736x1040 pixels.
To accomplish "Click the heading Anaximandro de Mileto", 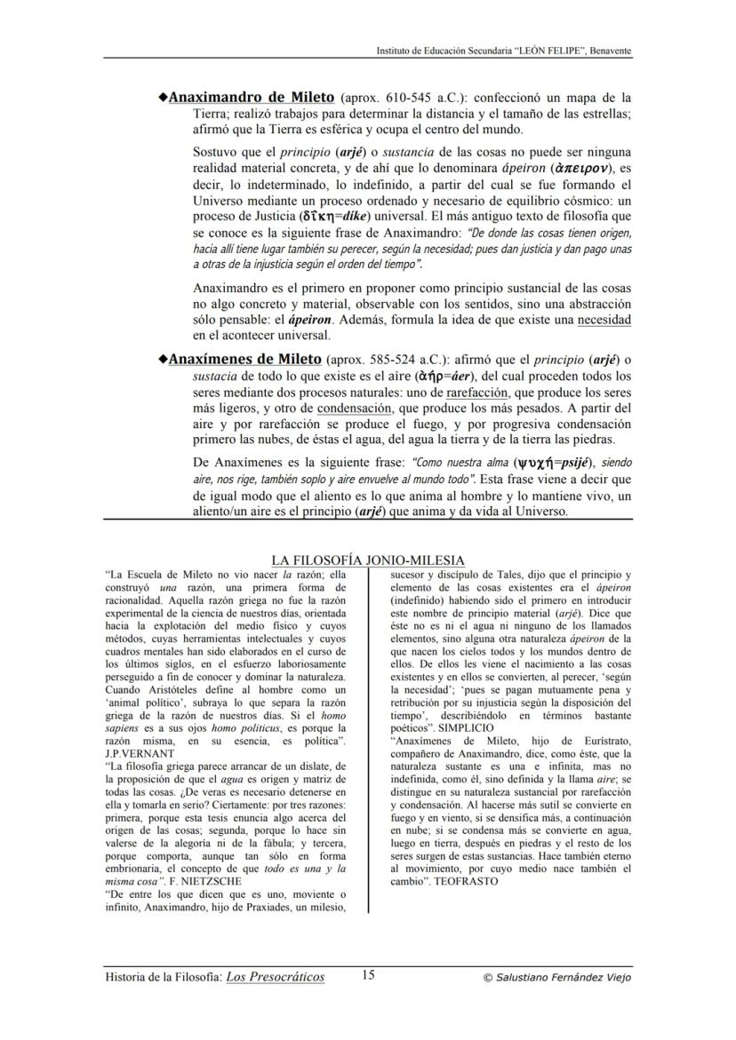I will pos(252,97).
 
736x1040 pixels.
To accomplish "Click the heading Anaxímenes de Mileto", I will pos(244,360).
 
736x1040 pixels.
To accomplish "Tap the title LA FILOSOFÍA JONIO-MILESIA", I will pos(367,560).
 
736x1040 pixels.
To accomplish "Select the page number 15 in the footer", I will pos(368,975).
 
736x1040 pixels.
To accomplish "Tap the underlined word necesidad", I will pos(604,319).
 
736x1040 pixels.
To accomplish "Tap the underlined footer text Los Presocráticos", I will pos(275,977).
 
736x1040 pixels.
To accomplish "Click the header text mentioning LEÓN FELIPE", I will pos(504,51).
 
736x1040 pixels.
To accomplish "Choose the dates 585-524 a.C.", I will pos(386,361).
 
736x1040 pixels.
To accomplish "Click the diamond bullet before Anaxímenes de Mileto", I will pos(162,360).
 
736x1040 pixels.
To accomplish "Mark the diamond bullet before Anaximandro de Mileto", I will pos(162,97).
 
